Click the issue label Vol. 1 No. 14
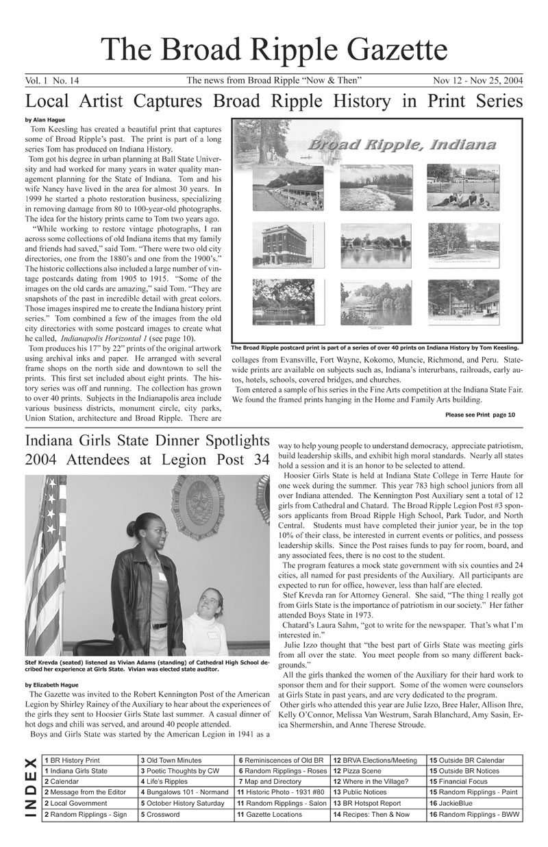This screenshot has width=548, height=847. (x=51, y=81)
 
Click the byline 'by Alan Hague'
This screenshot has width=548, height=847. (x=45, y=120)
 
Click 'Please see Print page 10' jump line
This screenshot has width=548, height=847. (x=480, y=415)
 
